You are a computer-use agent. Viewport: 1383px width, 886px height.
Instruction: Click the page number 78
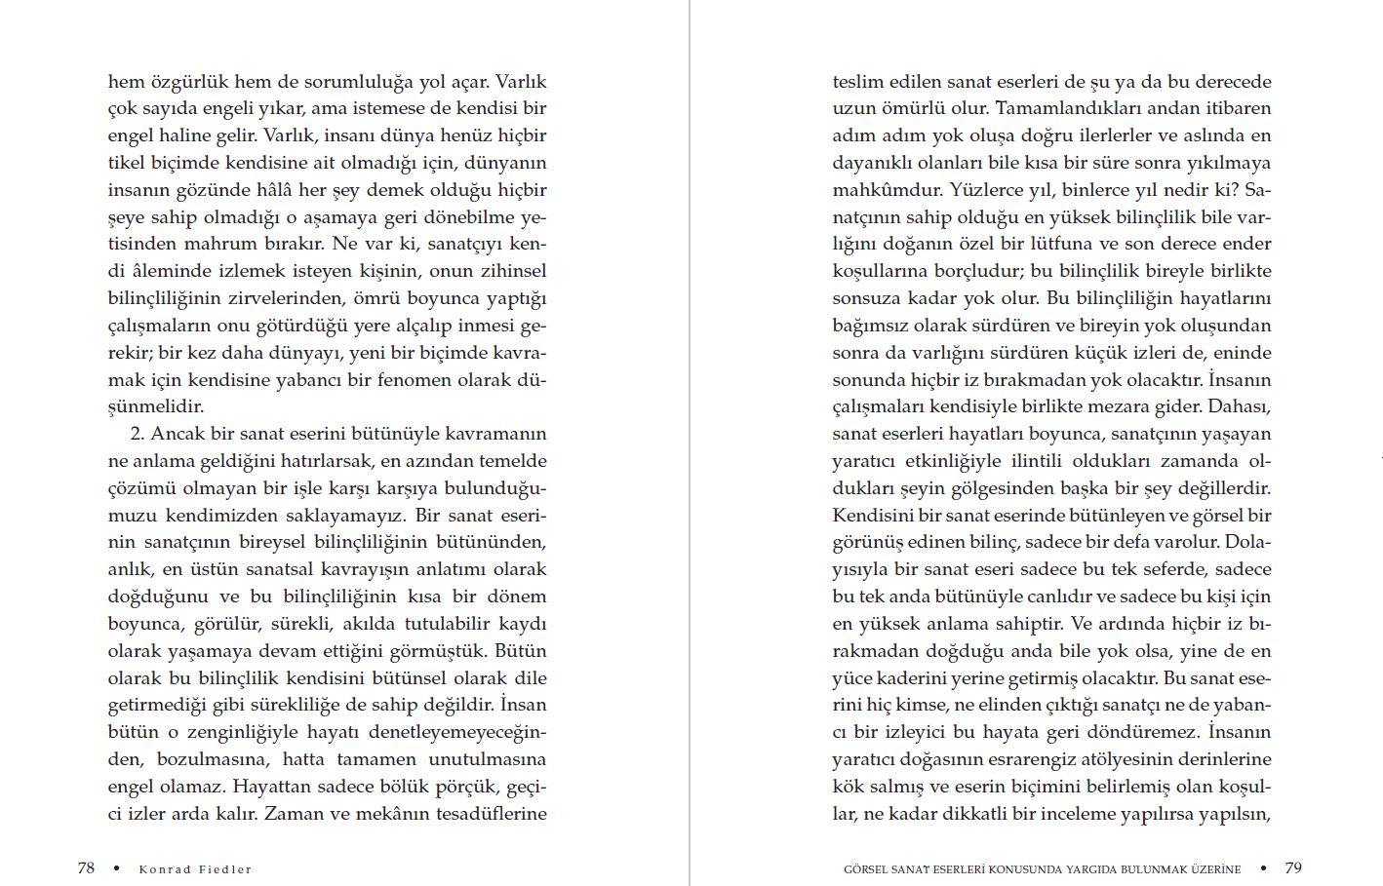coord(86,867)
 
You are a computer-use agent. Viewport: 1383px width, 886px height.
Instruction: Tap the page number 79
coord(1293,867)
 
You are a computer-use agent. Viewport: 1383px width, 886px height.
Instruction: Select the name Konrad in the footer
coord(165,869)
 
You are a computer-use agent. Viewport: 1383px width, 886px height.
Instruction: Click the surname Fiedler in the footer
coord(225,869)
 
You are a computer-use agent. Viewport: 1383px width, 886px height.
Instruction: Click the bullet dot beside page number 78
coord(116,868)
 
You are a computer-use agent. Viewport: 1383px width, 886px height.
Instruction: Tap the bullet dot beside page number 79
coord(1263,867)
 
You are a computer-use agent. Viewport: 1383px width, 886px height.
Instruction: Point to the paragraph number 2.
coord(137,434)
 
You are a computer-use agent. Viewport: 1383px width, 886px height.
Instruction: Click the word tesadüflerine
coord(486,814)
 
